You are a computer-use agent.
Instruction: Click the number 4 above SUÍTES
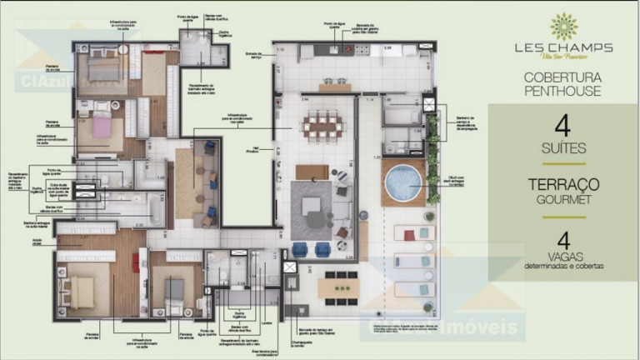562,127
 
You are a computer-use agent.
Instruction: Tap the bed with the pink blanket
101,127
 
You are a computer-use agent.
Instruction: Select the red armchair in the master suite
135,262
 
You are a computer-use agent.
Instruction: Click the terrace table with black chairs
341,287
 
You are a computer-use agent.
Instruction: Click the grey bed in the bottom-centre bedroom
173,291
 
